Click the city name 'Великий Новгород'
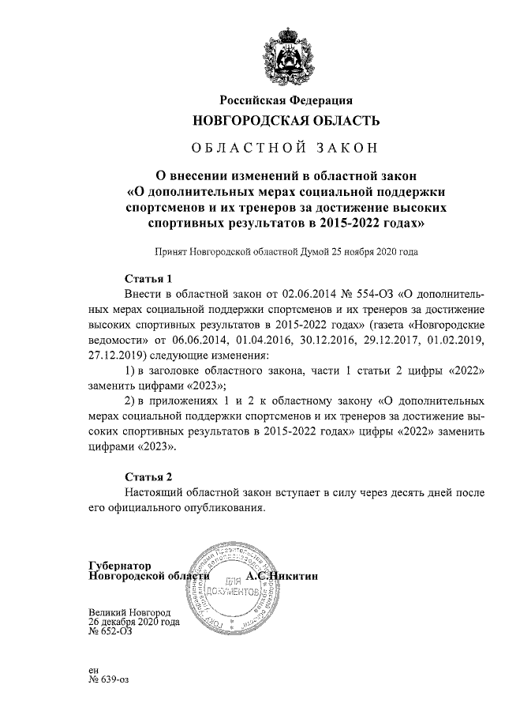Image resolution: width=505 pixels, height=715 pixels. [129, 612]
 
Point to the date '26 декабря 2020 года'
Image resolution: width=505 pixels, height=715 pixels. [134, 622]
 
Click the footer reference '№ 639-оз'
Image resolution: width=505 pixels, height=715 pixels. [111, 679]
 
